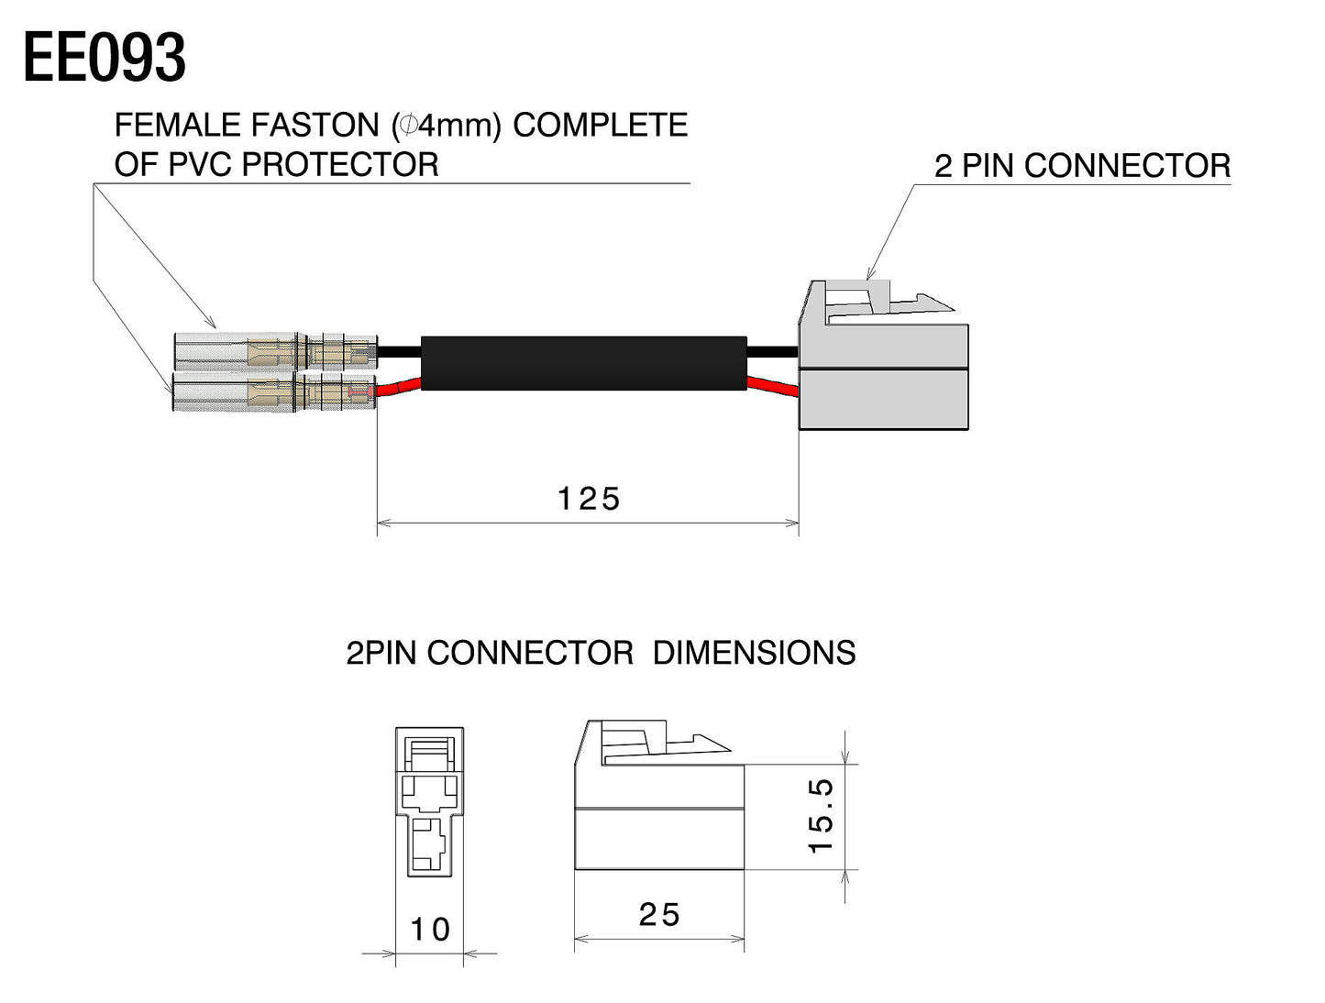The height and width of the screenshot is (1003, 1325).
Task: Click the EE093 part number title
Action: coord(105,58)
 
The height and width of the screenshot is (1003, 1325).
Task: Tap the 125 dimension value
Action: coord(589,499)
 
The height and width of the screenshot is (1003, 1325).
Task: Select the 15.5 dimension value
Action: coord(821,816)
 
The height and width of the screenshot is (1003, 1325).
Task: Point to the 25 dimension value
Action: coord(659,914)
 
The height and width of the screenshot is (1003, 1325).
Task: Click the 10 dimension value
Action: coord(429,930)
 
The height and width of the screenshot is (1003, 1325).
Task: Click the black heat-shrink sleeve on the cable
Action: coord(583,363)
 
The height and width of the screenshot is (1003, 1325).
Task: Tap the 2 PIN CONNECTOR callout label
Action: coord(1082,166)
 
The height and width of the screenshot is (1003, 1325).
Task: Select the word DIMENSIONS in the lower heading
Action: coord(754,653)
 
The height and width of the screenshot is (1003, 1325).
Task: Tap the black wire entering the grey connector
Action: coord(774,352)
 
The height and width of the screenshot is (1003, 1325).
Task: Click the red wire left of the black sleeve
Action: coord(399,388)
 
